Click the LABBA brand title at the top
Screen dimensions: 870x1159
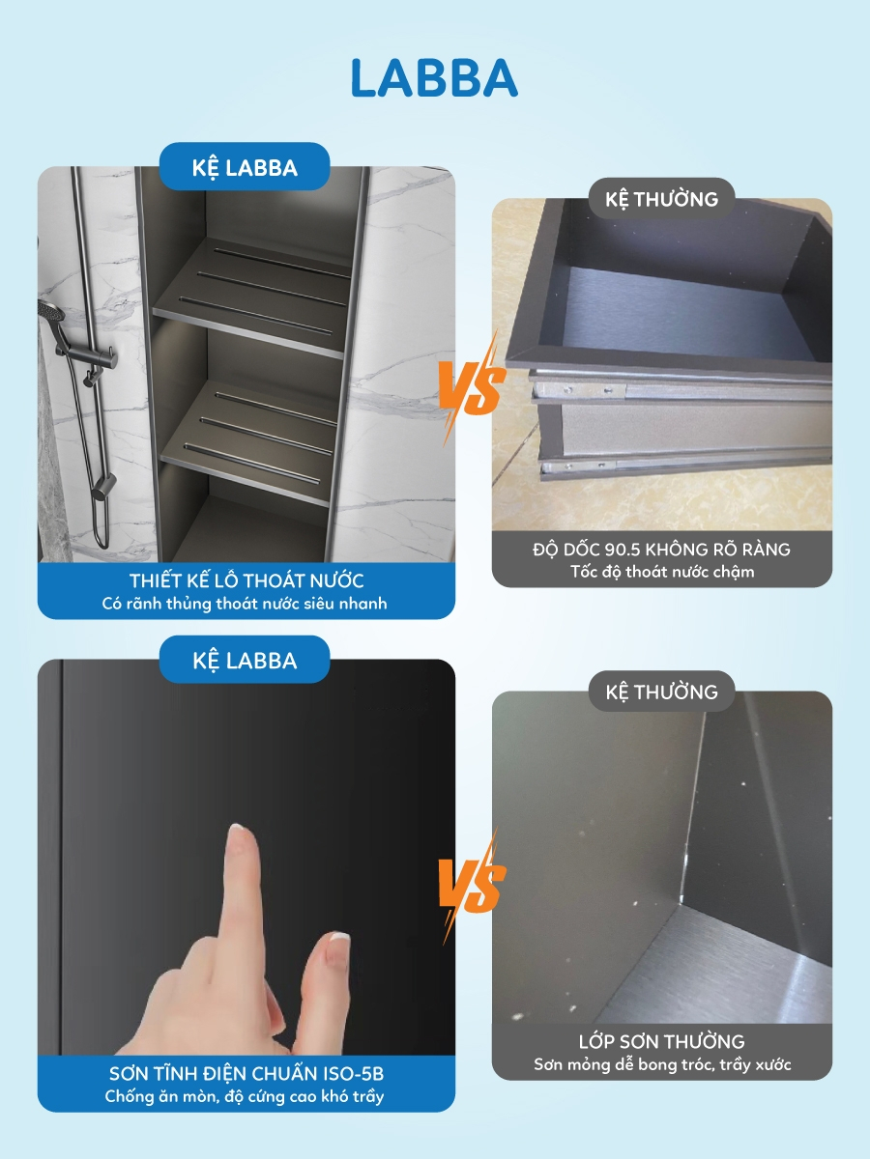434,78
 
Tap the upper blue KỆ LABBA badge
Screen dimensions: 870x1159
245,167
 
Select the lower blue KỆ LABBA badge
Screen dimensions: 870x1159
245,660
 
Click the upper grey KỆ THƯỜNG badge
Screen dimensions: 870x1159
661,199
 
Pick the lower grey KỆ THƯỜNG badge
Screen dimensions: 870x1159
661,692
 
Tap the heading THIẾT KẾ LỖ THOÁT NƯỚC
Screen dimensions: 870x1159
246,580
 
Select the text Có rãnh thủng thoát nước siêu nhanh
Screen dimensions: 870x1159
245,604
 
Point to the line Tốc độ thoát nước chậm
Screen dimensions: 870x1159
662,572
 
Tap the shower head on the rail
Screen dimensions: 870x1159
52,313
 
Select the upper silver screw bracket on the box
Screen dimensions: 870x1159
579,391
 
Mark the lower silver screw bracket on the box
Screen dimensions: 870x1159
578,466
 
